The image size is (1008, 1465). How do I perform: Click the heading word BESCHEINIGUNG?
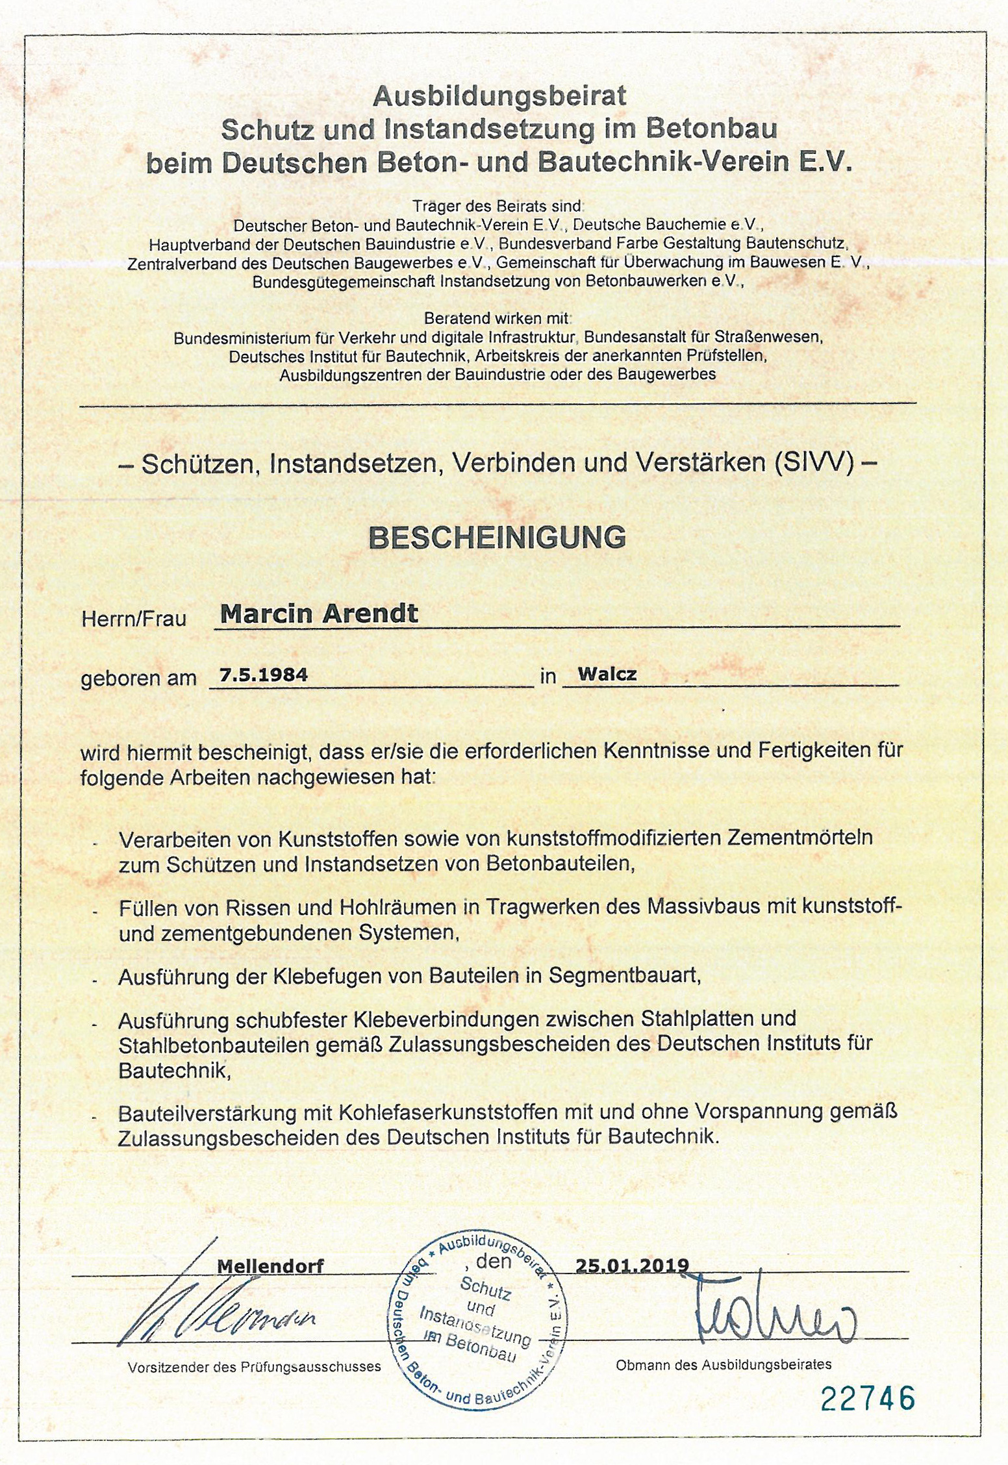(x=497, y=538)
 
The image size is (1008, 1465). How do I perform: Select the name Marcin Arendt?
(x=319, y=614)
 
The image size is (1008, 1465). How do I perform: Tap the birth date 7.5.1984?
(x=264, y=675)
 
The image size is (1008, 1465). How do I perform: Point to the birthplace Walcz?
(x=607, y=674)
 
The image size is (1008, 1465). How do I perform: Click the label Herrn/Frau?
(x=134, y=619)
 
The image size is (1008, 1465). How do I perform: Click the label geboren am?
(x=138, y=679)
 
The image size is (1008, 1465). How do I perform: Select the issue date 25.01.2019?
(x=631, y=1266)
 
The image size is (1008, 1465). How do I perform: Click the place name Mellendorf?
(x=270, y=1266)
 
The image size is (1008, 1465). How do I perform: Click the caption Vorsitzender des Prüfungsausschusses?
(x=255, y=1367)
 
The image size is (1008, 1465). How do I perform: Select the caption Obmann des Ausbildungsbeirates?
(x=724, y=1365)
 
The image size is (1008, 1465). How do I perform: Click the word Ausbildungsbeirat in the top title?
(x=499, y=97)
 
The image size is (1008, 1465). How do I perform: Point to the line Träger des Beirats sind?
(x=499, y=207)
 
